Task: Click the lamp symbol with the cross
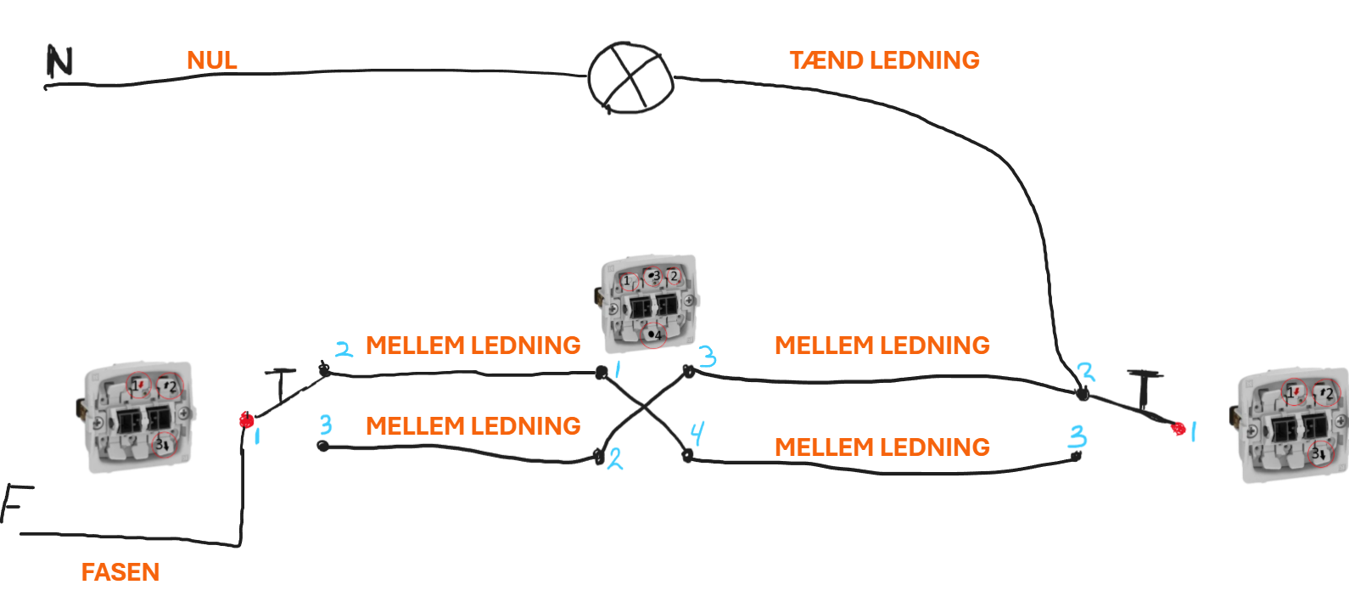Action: pyautogui.click(x=630, y=78)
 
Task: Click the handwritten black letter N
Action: pyautogui.click(x=59, y=61)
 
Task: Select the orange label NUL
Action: pyautogui.click(x=212, y=60)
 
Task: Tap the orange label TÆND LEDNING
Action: pyautogui.click(x=884, y=60)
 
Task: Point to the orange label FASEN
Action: pyautogui.click(x=120, y=572)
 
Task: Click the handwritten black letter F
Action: pyautogui.click(x=16, y=503)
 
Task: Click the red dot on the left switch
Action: pyautogui.click(x=246, y=420)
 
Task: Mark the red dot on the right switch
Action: pyautogui.click(x=1178, y=429)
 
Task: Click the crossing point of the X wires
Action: pyautogui.click(x=645, y=408)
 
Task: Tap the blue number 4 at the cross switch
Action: pyautogui.click(x=697, y=433)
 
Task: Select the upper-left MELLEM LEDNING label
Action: pyautogui.click(x=473, y=346)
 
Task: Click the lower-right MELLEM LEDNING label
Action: pyautogui.click(x=882, y=447)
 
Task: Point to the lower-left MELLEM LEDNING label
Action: pyautogui.click(x=473, y=426)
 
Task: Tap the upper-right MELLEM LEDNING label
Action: pyautogui.click(x=882, y=346)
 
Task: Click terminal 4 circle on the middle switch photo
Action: pyautogui.click(x=653, y=335)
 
